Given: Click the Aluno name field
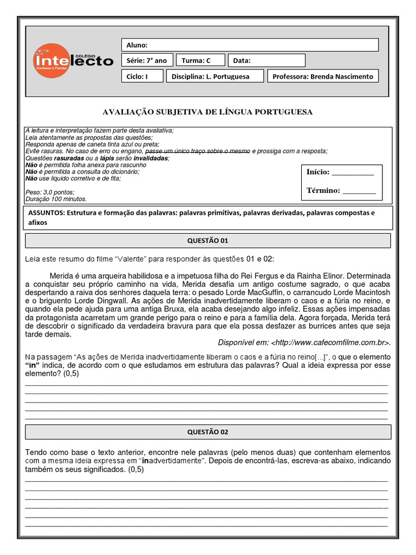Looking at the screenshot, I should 250,45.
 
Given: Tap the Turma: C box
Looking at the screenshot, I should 201,61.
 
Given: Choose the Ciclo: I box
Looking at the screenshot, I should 142,76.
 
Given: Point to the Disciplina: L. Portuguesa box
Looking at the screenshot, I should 215,76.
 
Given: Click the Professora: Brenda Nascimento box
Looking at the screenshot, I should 323,76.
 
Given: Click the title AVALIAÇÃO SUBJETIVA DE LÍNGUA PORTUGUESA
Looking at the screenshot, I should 207,112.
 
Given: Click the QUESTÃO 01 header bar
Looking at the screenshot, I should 207,241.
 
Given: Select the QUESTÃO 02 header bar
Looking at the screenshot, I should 207,432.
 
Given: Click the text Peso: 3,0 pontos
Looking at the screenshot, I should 50,192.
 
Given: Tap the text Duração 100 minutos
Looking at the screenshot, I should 53,199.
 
